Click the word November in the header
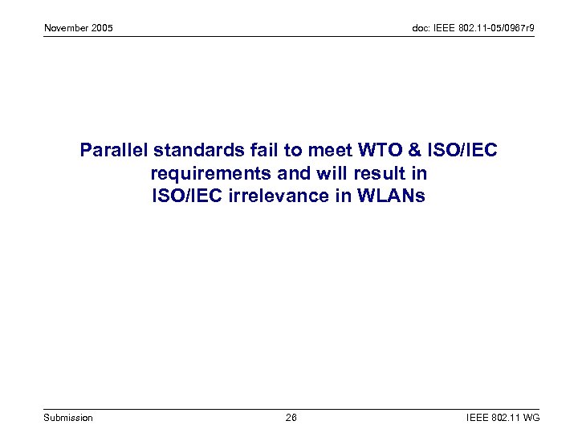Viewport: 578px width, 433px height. click(x=67, y=29)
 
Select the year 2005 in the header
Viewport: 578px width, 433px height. click(x=103, y=29)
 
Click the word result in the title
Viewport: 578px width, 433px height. click(x=367, y=173)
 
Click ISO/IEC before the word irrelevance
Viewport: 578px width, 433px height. click(x=185, y=196)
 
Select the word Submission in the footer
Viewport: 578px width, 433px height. click(x=68, y=418)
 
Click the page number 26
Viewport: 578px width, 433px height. click(x=291, y=418)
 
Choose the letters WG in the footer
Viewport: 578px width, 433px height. click(x=531, y=418)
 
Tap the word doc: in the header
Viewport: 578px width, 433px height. click(x=421, y=29)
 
